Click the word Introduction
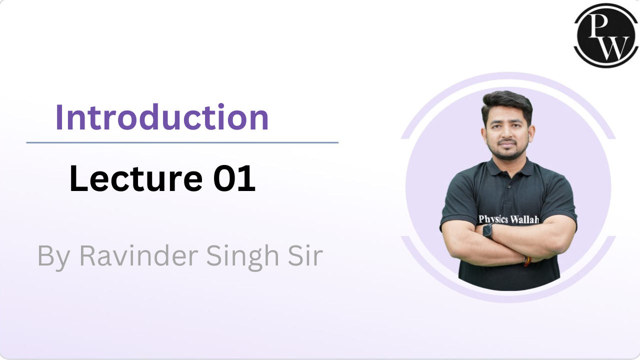pyautogui.click(x=162, y=117)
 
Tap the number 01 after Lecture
pyautogui.click(x=234, y=179)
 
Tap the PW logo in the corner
pyautogui.click(x=606, y=35)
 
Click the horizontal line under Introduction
pyautogui.click(x=182, y=142)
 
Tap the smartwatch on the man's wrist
pyautogui.click(x=486, y=230)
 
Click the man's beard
pyautogui.click(x=507, y=153)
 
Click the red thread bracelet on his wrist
pyautogui.click(x=526, y=261)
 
